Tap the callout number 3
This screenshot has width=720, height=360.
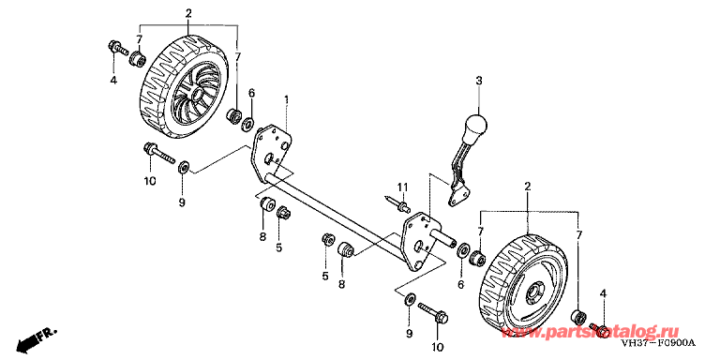coord(477,82)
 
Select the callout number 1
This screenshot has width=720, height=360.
coord(287,100)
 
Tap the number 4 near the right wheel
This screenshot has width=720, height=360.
coord(604,294)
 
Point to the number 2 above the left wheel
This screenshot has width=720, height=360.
coord(188,14)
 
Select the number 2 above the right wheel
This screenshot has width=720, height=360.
coord(528,189)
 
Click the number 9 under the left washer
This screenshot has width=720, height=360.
coord(182,202)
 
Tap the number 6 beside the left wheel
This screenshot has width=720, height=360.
coord(251,93)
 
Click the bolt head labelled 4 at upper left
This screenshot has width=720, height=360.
coord(115,46)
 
